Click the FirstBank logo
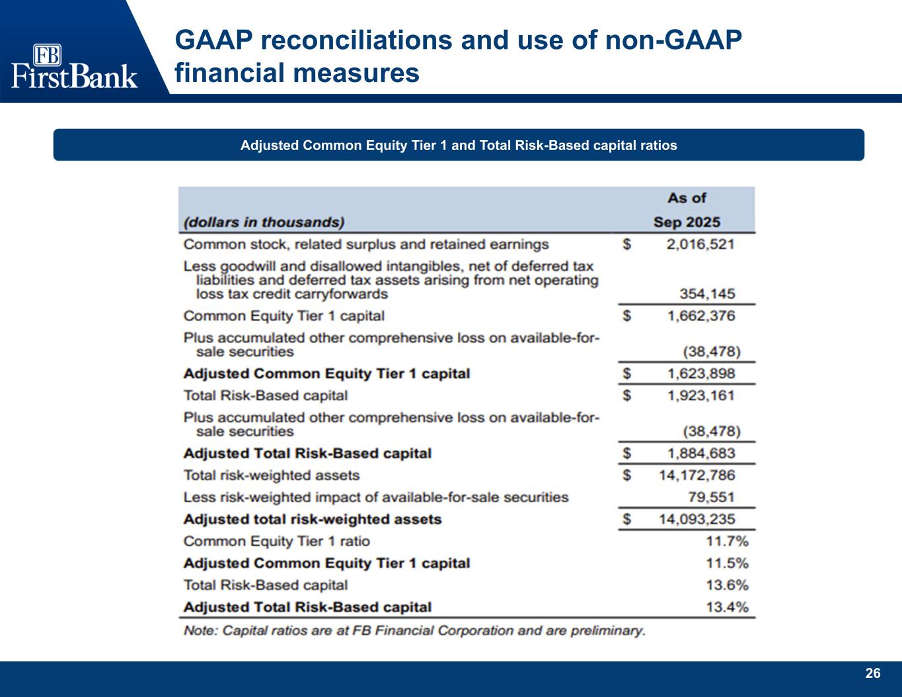point(74,67)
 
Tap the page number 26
point(873,673)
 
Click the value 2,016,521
point(700,244)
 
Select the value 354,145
point(708,294)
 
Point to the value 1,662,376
point(701,316)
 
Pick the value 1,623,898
point(701,373)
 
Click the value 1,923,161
point(701,395)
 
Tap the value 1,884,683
point(701,453)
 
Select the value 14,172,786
point(696,475)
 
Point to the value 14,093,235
point(696,519)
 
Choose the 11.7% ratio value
point(728,541)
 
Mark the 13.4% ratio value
point(728,606)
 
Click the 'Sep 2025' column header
point(687,222)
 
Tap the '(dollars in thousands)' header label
point(264,222)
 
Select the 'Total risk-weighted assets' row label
point(272,475)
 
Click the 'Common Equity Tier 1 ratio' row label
point(277,541)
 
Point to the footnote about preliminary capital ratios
point(414,630)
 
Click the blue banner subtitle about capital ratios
point(459,145)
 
